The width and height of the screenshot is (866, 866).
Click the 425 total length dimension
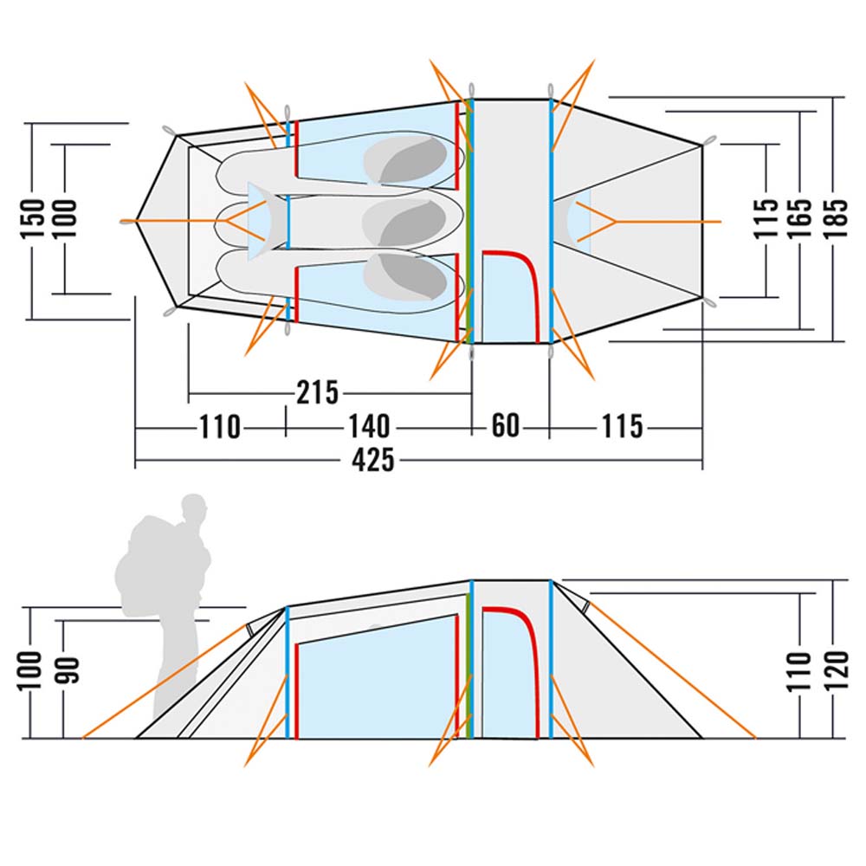[373, 460]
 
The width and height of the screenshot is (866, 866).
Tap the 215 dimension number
[317, 393]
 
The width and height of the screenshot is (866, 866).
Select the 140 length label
[369, 427]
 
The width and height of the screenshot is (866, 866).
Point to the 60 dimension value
[506, 426]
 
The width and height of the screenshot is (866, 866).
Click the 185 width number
[836, 218]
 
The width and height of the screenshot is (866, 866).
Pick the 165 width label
[800, 218]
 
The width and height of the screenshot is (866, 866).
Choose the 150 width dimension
[32, 219]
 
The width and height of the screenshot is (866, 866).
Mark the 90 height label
[67, 670]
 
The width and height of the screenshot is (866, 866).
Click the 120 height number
[837, 670]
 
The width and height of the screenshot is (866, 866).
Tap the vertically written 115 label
[766, 218]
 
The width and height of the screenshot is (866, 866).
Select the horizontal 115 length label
[623, 426]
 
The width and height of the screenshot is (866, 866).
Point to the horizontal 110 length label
[219, 427]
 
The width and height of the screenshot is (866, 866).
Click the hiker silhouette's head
[194, 507]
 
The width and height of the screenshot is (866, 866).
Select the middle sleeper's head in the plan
[404, 222]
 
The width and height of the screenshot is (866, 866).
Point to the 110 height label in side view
[800, 670]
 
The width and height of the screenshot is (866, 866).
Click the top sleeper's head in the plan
[405, 158]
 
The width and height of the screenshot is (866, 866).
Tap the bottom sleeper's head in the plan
[405, 277]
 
